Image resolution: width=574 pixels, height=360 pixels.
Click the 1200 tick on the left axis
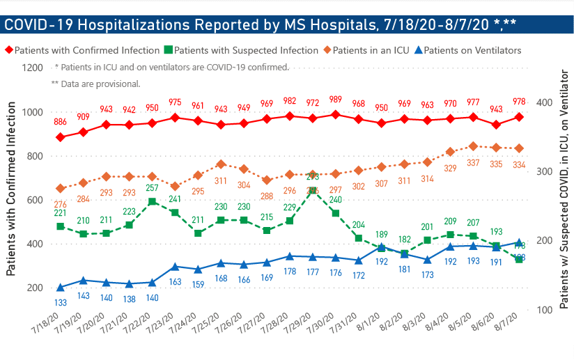point(32,68)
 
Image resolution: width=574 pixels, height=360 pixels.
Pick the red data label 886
point(61,123)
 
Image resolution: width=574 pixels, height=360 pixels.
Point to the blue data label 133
point(61,302)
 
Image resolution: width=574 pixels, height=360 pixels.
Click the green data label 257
point(152,189)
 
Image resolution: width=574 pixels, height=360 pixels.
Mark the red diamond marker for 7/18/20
point(61,137)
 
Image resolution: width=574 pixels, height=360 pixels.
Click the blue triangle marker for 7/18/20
point(61,288)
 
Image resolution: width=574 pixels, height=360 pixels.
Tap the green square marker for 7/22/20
point(152,201)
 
